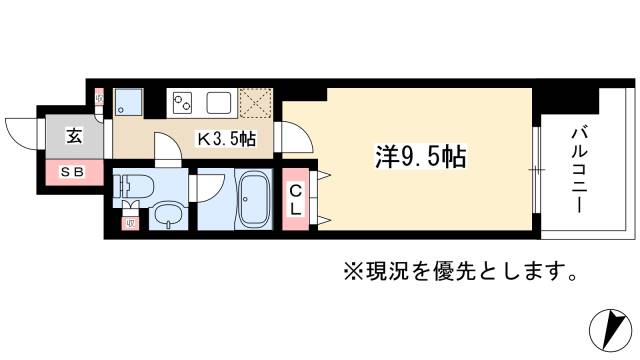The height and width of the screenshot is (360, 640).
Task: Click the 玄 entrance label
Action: [75, 138]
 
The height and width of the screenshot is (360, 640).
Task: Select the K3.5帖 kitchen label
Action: [224, 139]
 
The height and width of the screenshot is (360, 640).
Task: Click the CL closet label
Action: [297, 200]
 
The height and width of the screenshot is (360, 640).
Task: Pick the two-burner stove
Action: [184, 101]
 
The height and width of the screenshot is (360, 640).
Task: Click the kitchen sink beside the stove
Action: [220, 101]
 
